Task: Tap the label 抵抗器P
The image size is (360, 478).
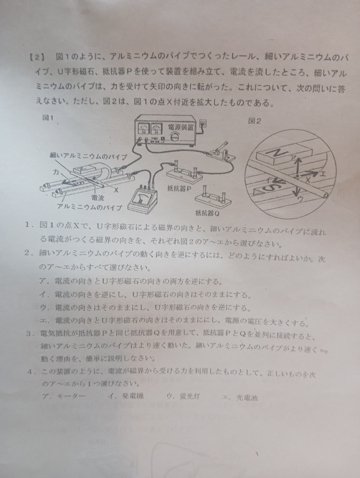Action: tap(179, 189)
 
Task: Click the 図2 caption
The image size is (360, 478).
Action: tap(254, 121)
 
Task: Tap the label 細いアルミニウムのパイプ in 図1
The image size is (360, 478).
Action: tap(84, 156)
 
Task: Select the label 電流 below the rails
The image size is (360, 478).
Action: tap(98, 196)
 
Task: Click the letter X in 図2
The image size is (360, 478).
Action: tap(307, 182)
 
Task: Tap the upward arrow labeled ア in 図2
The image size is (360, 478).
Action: tap(297, 165)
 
